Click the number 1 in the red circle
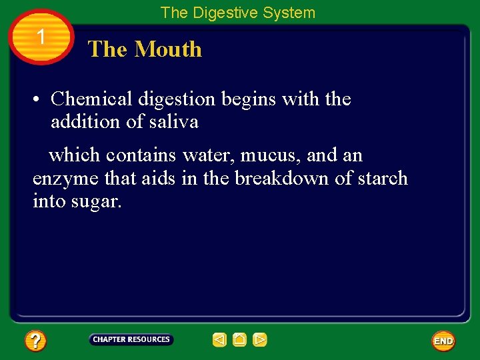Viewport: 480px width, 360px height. (41, 37)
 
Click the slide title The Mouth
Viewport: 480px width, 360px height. (145, 49)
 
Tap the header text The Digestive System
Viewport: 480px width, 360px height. (238, 13)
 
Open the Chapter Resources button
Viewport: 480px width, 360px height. (131, 340)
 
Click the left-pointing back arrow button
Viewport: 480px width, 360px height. (219, 340)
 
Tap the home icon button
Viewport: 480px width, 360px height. (239, 340)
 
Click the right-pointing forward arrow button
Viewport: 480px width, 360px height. (260, 340)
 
